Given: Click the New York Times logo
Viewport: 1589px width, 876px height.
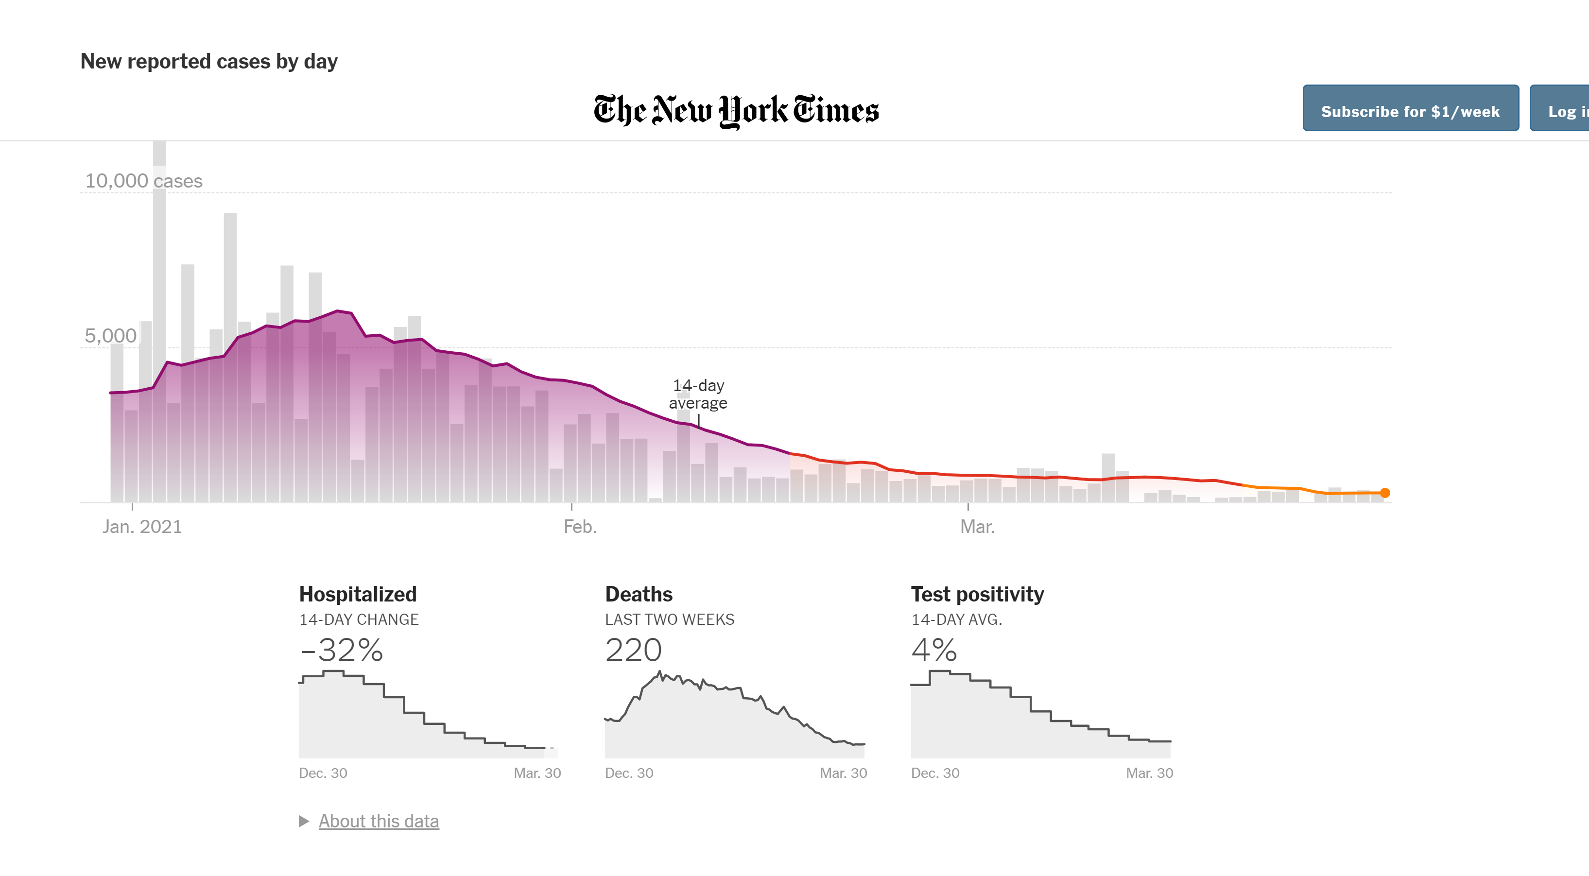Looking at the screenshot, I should pyautogui.click(x=736, y=111).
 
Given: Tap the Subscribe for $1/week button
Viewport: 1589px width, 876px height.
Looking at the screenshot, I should pyautogui.click(x=1410, y=111).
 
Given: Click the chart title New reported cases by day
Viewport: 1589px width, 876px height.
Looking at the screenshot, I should pyautogui.click(x=209, y=61).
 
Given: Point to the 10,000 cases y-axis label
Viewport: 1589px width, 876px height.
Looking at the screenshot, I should pyautogui.click(x=144, y=181).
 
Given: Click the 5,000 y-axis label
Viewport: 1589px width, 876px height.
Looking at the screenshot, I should pyautogui.click(x=110, y=336).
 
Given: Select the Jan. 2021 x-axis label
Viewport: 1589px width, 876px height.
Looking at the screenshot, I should pyautogui.click(x=142, y=526).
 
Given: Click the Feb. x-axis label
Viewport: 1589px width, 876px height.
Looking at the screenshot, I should pyautogui.click(x=580, y=526).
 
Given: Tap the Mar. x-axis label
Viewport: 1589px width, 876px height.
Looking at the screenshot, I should pyautogui.click(x=977, y=526).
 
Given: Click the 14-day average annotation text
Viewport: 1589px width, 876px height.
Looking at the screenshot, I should pyautogui.click(x=698, y=394).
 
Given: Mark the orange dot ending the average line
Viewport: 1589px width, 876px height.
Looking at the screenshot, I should pyautogui.click(x=1385, y=493).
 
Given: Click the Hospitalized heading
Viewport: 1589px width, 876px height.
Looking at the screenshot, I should pyautogui.click(x=358, y=594).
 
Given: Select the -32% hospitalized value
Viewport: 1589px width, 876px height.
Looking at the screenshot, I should pyautogui.click(x=342, y=650).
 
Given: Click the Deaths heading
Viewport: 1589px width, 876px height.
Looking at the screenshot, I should pyautogui.click(x=639, y=594).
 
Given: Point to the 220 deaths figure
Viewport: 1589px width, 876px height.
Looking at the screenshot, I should pyautogui.click(x=634, y=650).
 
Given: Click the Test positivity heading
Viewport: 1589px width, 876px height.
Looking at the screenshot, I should pyautogui.click(x=977, y=594).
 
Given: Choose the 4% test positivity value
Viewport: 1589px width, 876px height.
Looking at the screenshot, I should pyautogui.click(x=934, y=650).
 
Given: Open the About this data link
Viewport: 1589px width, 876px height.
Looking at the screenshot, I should pyautogui.click(x=379, y=821).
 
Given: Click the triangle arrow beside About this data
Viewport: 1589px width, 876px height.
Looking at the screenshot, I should pyautogui.click(x=304, y=821).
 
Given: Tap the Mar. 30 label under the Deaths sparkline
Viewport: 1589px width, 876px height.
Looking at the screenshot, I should pyautogui.click(x=843, y=773).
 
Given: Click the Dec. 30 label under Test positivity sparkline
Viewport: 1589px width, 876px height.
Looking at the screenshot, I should pyautogui.click(x=935, y=773).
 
